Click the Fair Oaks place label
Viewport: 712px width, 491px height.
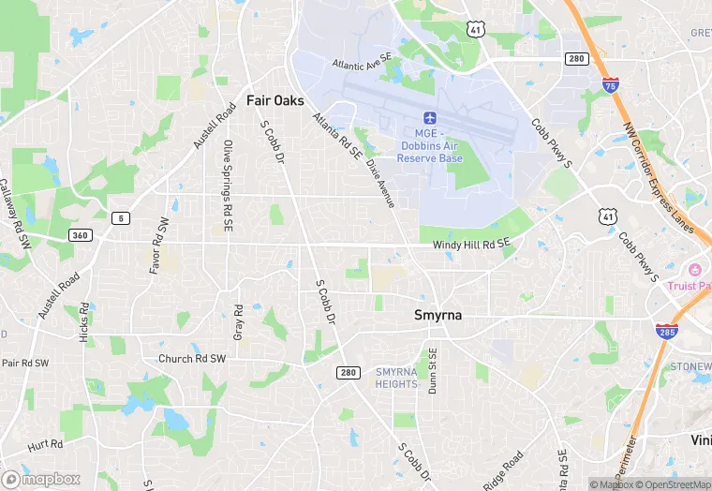[x=274, y=99]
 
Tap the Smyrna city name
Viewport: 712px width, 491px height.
[x=438, y=316]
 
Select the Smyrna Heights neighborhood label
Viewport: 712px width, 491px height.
[x=396, y=378]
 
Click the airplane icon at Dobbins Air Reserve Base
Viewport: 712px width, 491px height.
[x=430, y=118]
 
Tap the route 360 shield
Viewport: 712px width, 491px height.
[x=80, y=234]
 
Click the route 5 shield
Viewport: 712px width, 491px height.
[x=120, y=218]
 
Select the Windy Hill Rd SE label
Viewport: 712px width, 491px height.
[x=471, y=245]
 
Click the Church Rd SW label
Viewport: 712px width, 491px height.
[x=192, y=359]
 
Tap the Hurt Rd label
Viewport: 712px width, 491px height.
[x=45, y=444]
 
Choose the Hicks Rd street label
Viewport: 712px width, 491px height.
[x=84, y=321]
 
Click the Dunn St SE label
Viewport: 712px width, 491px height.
[x=433, y=371]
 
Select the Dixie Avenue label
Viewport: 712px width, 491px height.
[x=381, y=181]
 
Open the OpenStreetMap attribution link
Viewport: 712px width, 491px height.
[x=671, y=484]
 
